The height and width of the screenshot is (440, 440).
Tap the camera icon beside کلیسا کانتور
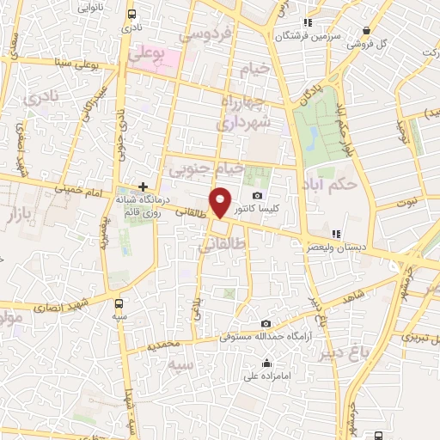257,196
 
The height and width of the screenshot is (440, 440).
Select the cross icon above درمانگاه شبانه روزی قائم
144,186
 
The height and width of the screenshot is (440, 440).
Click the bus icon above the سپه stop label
119,302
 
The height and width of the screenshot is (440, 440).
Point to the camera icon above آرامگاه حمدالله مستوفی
266,323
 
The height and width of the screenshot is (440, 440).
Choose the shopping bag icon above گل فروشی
364,29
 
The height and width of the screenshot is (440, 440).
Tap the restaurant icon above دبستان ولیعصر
337,233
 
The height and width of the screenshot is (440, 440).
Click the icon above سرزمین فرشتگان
308,22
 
